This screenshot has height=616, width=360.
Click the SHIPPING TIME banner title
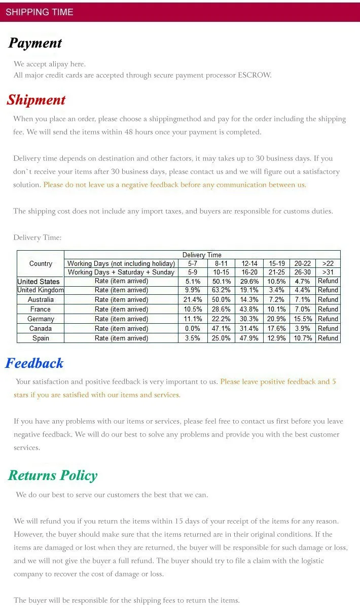pos(40,12)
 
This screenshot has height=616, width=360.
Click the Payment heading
pos(35,43)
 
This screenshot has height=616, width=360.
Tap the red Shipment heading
pos(36,100)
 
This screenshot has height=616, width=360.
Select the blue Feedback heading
pos(34,363)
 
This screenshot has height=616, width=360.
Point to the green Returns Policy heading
pos(53,475)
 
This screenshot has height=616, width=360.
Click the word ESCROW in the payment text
pos(255,75)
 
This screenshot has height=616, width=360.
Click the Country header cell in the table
pos(41,264)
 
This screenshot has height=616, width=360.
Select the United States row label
pos(39,281)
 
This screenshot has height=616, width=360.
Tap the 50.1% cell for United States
pos(222,281)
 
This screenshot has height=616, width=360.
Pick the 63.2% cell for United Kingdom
pos(222,290)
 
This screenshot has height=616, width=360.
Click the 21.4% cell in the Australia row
pos(193,300)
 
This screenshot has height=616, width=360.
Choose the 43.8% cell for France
pos(249,310)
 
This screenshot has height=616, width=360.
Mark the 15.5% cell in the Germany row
pos(303,319)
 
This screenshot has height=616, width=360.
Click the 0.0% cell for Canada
pos(193,329)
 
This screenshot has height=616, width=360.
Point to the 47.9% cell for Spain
pos(249,338)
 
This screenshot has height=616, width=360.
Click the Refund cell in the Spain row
pos(328,338)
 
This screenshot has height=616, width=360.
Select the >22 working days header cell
pos(328,264)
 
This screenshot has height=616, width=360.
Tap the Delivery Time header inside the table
pos(202,255)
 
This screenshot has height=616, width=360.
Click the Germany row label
pos(41,319)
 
